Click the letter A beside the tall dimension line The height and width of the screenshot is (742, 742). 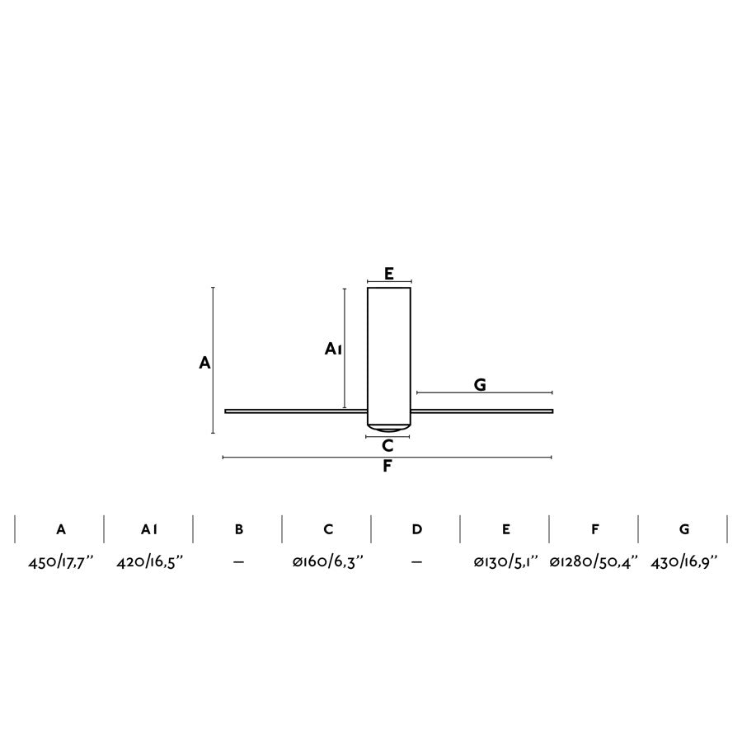[x=205, y=362]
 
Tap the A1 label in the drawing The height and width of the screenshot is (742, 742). [x=333, y=349]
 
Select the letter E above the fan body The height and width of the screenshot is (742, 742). [x=389, y=274]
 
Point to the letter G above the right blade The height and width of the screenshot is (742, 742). [x=480, y=384]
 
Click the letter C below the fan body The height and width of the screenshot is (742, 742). [x=387, y=446]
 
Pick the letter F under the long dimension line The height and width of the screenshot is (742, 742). [x=387, y=467]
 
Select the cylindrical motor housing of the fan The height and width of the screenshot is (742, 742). [x=388, y=355]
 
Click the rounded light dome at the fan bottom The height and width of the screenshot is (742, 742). [x=388, y=428]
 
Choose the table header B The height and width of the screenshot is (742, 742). [x=239, y=529]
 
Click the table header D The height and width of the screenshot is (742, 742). [x=417, y=529]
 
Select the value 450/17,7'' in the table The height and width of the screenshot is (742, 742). [x=61, y=561]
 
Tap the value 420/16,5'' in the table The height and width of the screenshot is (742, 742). [x=149, y=561]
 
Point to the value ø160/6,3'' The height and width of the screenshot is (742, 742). [x=328, y=561]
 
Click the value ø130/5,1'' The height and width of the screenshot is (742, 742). [x=505, y=561]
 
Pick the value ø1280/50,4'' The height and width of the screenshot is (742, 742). [x=594, y=561]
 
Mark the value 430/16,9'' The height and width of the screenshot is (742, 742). [x=684, y=561]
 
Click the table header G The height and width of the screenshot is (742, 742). [x=684, y=529]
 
